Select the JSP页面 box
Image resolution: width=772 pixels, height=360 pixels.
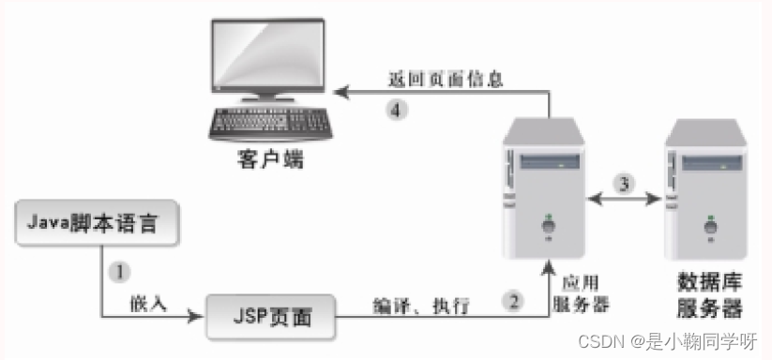271,320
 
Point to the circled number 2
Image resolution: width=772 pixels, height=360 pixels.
512,301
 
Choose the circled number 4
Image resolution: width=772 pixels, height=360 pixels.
399,110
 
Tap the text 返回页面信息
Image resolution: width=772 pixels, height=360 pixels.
446,80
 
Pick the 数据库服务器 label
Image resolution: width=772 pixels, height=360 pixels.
709,294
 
